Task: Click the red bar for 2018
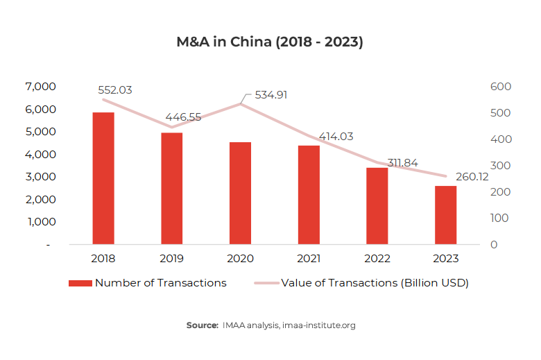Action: [x=103, y=178]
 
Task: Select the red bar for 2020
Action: [x=241, y=193]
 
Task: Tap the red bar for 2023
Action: [x=446, y=215]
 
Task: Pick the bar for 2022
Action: [x=377, y=206]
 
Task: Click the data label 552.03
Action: [x=114, y=90]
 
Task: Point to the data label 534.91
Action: [x=271, y=95]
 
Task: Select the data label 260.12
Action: [x=472, y=177]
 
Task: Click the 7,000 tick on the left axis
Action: [x=40, y=87]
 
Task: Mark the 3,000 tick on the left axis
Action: [x=40, y=177]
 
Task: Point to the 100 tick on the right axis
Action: [x=500, y=218]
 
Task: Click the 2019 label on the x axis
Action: [x=172, y=258]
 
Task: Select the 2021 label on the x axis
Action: [x=309, y=258]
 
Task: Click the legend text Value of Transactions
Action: [x=375, y=283]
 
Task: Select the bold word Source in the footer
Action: [x=202, y=325]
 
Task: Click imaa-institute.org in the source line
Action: [x=320, y=325]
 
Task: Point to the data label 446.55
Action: [x=182, y=117]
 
